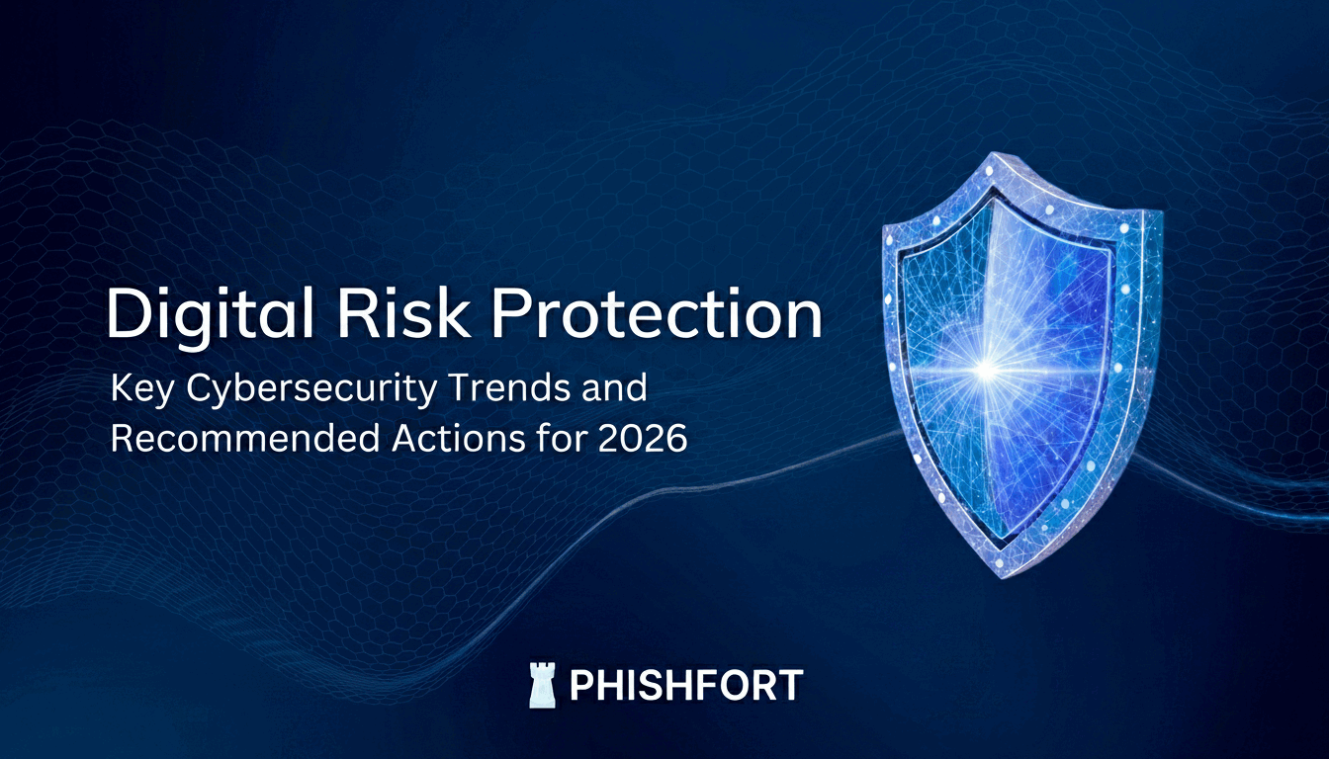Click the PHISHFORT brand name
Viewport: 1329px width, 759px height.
(686, 685)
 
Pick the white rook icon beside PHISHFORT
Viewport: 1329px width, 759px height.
(541, 685)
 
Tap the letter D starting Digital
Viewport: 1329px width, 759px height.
(126, 314)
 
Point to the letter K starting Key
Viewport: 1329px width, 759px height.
(122, 388)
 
